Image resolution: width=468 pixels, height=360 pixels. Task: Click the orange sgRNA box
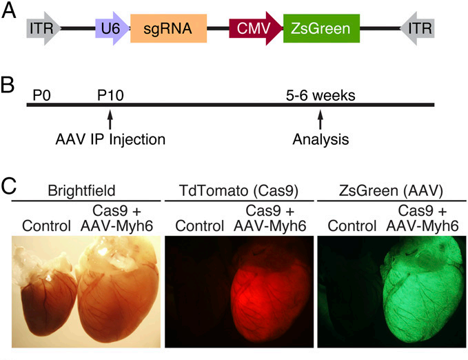click(x=169, y=28)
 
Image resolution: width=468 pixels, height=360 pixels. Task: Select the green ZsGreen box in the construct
click(x=321, y=28)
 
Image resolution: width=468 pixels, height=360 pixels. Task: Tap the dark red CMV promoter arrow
click(x=256, y=28)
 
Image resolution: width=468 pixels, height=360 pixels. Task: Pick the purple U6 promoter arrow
click(x=112, y=28)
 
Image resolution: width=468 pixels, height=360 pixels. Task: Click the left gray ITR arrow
click(x=43, y=28)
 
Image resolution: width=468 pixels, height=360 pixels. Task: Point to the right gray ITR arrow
click(x=417, y=28)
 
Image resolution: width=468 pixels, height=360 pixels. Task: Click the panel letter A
click(x=8, y=11)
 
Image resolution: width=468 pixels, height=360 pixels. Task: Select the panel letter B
click(x=8, y=84)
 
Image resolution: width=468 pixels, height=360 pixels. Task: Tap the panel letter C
click(x=9, y=186)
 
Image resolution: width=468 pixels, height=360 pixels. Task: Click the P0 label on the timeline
click(x=41, y=96)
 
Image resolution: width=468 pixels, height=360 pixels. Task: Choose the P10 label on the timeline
click(x=110, y=96)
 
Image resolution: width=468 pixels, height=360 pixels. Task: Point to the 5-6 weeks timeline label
click(x=321, y=96)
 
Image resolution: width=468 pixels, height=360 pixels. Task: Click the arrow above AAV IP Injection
click(x=110, y=120)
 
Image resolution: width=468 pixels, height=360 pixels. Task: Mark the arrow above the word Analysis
click(x=321, y=120)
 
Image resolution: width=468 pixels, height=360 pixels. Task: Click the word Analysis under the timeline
click(x=321, y=139)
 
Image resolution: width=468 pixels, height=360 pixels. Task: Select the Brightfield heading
click(x=81, y=190)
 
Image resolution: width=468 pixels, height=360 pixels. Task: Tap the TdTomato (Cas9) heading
click(x=238, y=191)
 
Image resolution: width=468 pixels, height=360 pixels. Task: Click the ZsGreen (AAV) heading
click(x=391, y=191)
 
